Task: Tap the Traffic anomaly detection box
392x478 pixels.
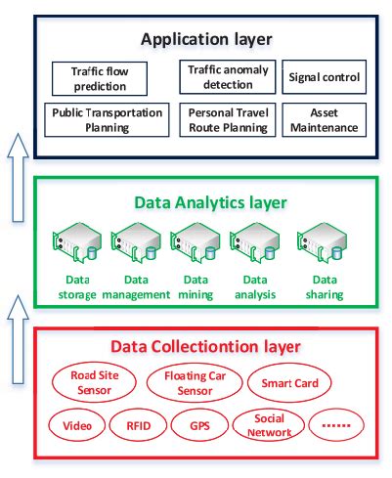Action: click(x=226, y=77)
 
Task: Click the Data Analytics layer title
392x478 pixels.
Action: click(x=210, y=202)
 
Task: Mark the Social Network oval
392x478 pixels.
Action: click(x=265, y=426)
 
